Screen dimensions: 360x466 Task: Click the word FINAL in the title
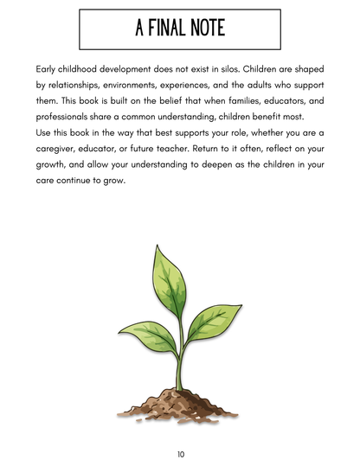169,29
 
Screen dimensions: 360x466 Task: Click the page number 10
180,453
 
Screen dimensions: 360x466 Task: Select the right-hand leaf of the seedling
207,324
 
